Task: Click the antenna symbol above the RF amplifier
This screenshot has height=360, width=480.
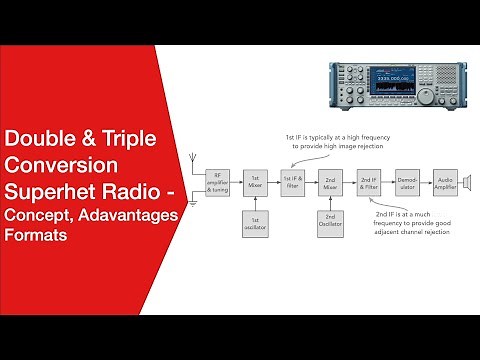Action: pyautogui.click(x=193, y=164)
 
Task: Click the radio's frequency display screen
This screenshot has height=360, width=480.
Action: pyautogui.click(x=391, y=80)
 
